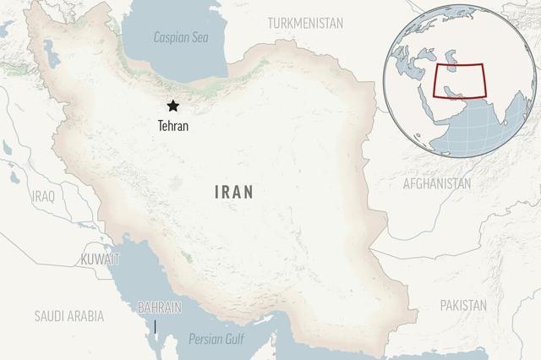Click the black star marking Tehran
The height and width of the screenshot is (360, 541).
pyautogui.click(x=173, y=106)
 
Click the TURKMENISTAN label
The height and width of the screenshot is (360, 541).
pyautogui.click(x=305, y=23)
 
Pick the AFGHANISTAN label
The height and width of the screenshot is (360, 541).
pyautogui.click(x=437, y=183)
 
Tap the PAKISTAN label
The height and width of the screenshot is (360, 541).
pyautogui.click(x=464, y=305)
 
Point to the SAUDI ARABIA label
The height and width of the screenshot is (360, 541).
pyautogui.click(x=69, y=316)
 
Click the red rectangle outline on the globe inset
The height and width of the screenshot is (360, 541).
pyautogui.click(x=459, y=81)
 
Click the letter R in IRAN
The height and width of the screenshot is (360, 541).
pyautogui.click(x=227, y=192)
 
